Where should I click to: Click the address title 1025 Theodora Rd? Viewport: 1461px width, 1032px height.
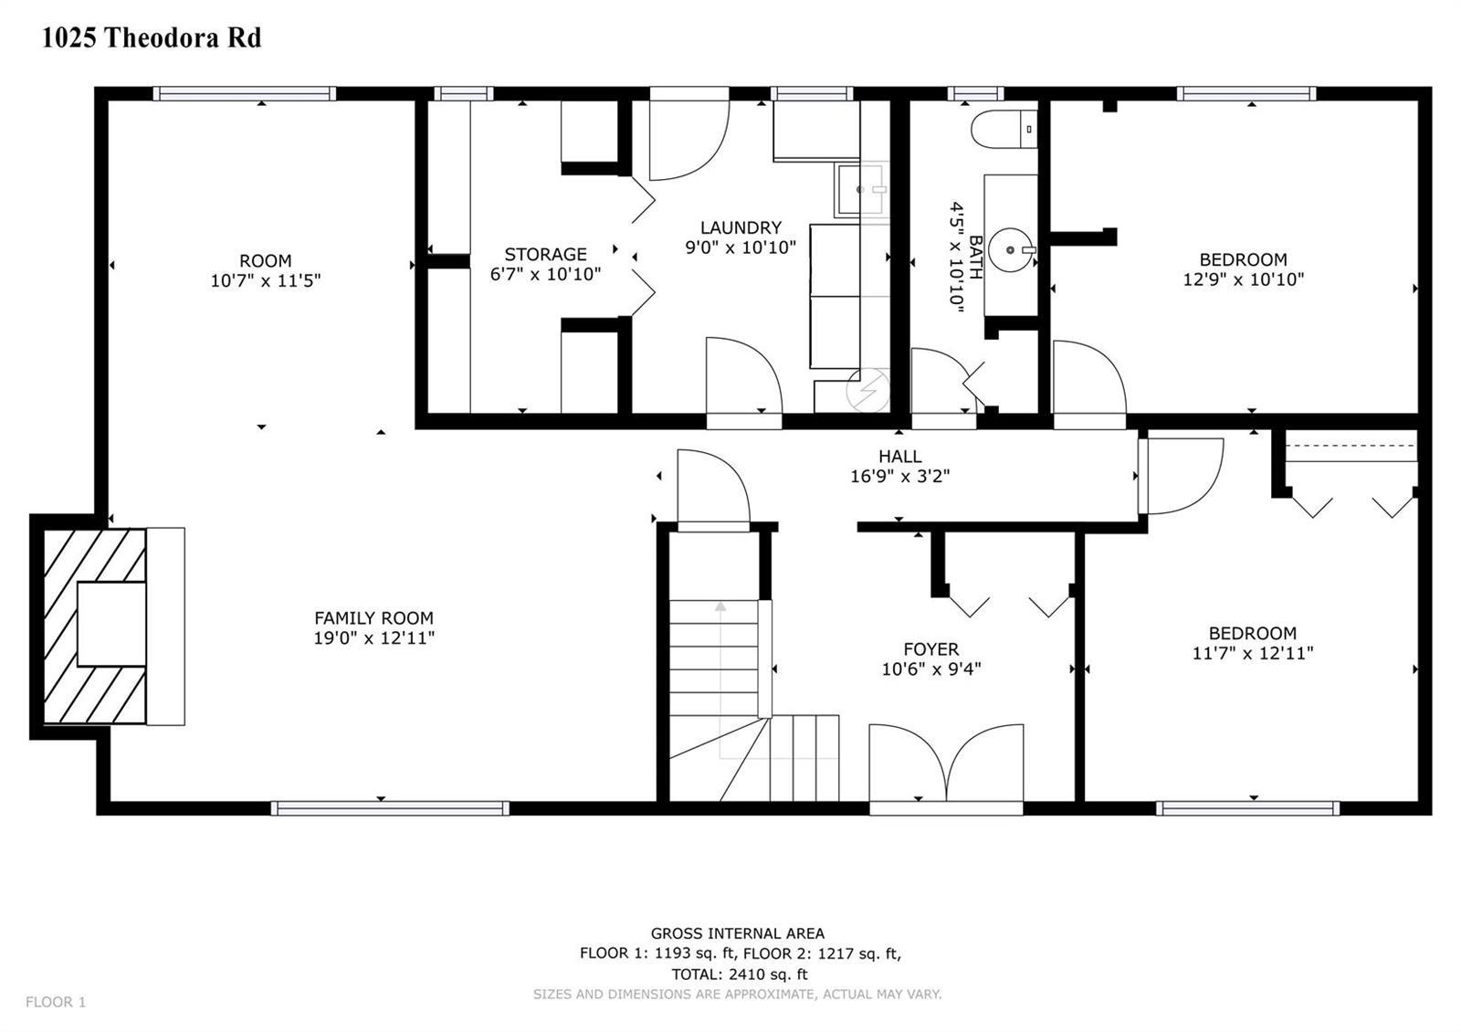[152, 37]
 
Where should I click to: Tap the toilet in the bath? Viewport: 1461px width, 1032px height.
[1004, 130]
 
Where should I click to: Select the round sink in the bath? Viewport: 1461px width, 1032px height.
[1010, 250]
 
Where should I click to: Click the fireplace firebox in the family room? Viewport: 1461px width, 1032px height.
[111, 625]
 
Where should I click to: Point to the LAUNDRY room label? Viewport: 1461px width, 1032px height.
[741, 227]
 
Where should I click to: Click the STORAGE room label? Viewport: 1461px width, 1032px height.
[545, 255]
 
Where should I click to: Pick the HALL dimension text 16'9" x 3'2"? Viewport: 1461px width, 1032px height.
[899, 477]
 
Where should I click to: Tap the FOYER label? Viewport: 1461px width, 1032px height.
[930, 649]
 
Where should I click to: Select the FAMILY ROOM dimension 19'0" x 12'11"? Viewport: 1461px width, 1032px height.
[373, 638]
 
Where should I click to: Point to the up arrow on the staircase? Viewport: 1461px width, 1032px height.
[720, 606]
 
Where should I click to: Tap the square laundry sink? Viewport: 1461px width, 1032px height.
[860, 190]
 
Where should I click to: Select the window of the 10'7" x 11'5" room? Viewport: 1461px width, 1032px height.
[245, 93]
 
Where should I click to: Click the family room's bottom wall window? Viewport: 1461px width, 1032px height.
[390, 808]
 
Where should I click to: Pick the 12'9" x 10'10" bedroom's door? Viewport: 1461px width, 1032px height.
[1089, 384]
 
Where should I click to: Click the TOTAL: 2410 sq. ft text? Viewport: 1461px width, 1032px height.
[740, 974]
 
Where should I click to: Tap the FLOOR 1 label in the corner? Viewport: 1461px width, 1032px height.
[56, 1002]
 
